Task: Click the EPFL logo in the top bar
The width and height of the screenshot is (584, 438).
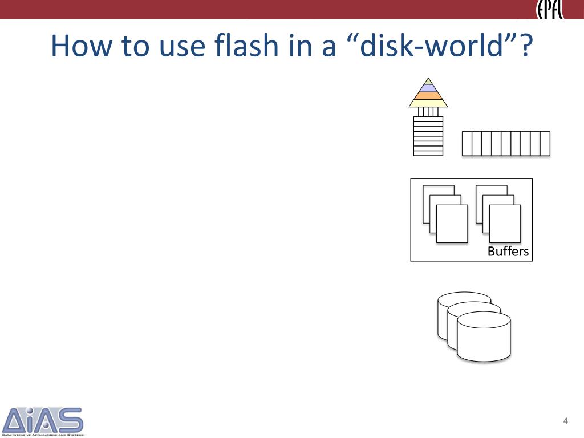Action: click(549, 10)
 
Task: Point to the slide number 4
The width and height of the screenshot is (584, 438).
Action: click(565, 421)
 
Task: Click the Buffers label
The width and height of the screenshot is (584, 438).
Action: click(508, 252)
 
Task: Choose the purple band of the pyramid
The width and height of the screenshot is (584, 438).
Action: click(428, 88)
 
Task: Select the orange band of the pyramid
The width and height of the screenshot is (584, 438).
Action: click(428, 95)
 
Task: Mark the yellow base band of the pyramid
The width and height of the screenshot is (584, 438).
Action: click(428, 103)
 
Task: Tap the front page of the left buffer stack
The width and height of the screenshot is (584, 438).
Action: click(452, 224)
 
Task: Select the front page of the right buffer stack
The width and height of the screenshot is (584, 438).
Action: click(505, 224)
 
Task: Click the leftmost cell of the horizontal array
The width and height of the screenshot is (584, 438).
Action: click(467, 143)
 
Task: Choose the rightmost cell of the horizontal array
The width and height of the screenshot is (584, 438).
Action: click(545, 143)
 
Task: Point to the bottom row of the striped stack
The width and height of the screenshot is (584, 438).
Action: click(428, 153)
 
